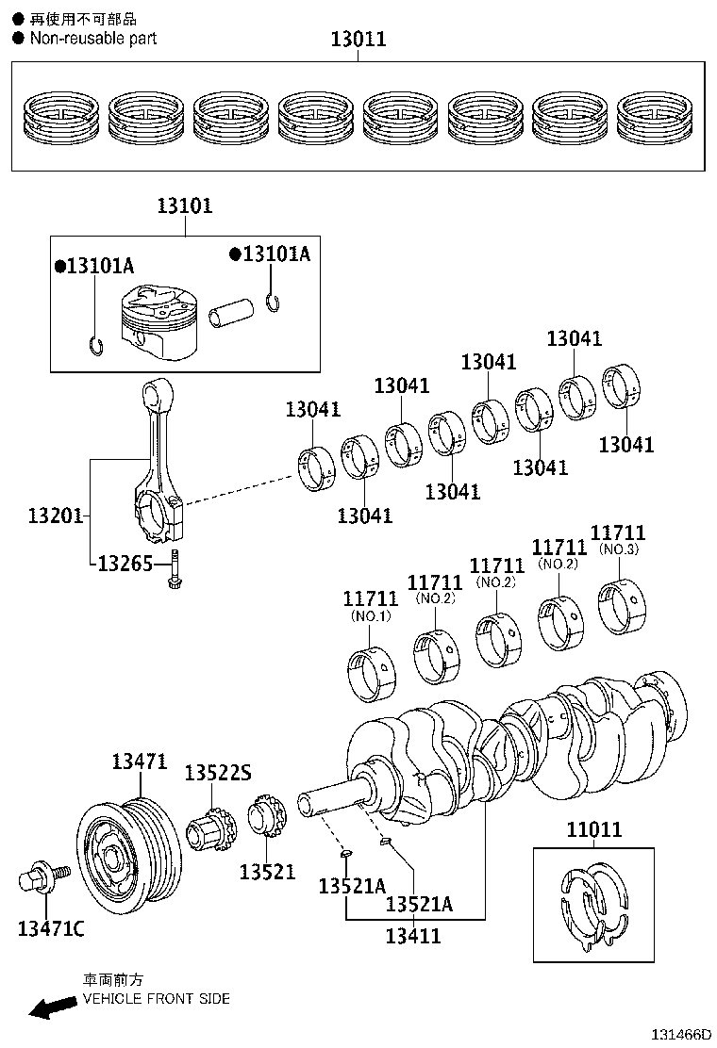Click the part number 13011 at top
click(x=358, y=40)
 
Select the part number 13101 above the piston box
click(x=184, y=206)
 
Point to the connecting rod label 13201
click(x=55, y=516)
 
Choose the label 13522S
click(x=217, y=773)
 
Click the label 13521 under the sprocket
click(x=267, y=872)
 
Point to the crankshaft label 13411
click(x=413, y=935)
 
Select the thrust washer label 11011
click(x=593, y=829)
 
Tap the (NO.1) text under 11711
click(x=370, y=616)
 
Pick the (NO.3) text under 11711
click(x=619, y=549)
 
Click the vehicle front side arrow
click(x=53, y=1008)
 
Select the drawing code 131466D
click(x=676, y=1034)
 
